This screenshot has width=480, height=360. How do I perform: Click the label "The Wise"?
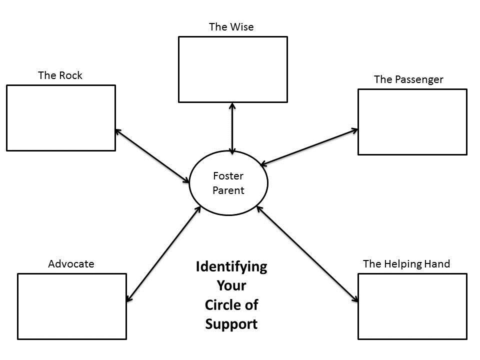[231, 27]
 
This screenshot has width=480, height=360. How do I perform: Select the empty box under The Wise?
[233, 69]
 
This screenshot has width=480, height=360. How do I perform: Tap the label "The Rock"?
[60, 75]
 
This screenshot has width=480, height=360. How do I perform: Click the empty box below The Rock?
[61, 118]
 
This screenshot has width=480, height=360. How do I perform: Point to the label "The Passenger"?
[408, 79]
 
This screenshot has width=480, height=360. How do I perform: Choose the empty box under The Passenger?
[412, 122]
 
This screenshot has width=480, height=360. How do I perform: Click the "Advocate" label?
[71, 263]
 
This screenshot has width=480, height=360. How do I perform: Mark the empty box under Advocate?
[72, 306]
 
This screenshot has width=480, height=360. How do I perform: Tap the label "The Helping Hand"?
[406, 263]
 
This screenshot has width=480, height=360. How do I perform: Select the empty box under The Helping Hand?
[412, 306]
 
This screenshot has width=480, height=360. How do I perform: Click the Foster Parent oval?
[228, 183]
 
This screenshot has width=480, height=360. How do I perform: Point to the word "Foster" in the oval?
[228, 176]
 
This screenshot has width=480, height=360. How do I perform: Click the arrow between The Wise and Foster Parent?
[232, 128]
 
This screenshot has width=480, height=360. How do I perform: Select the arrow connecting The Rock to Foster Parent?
[152, 155]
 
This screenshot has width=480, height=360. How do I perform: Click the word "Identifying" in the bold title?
[231, 266]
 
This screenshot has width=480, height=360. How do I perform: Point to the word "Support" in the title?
[231, 324]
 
